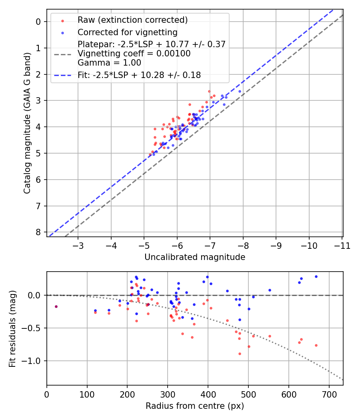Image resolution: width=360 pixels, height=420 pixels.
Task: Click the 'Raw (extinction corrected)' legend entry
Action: click(132, 20)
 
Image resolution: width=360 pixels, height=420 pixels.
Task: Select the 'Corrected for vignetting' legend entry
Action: click(127, 32)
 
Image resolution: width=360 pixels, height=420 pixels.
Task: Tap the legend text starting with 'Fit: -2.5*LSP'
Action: click(139, 75)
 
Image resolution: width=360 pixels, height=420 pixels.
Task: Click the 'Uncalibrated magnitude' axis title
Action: click(194, 257)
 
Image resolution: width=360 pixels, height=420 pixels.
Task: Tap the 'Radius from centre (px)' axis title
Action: click(194, 406)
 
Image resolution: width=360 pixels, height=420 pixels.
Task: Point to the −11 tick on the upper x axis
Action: click(342, 245)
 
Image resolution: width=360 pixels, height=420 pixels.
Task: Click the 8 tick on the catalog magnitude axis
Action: click(38, 232)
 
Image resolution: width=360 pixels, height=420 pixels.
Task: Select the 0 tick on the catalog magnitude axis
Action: click(38, 22)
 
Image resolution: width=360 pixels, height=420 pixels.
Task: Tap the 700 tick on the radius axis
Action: click(329, 394)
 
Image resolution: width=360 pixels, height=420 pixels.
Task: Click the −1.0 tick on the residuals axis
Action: click(33, 361)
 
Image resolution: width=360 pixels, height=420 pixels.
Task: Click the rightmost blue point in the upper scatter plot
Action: click(240, 91)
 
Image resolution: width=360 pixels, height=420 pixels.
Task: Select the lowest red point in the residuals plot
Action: click(240, 354)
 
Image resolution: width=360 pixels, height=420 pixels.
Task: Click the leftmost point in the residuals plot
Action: click(56, 306)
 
